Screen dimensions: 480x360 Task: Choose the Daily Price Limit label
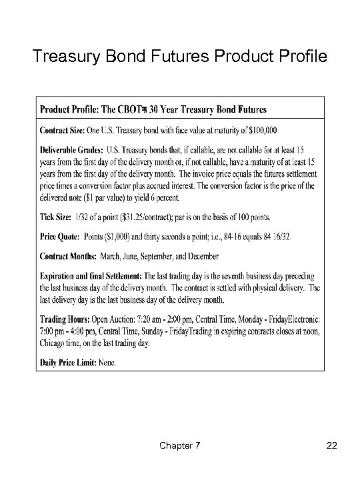coord(71,363)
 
